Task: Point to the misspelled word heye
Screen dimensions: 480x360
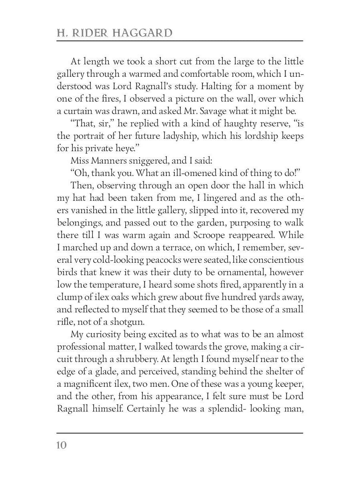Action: tap(128, 148)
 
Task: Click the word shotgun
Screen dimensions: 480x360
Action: tap(134, 322)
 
